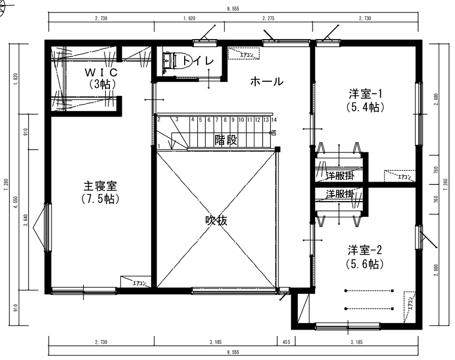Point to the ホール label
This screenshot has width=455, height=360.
pos(266,82)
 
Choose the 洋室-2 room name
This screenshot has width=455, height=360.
pos(365,250)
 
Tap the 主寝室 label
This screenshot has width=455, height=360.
pos(100,185)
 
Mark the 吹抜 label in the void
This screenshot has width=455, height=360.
pos(216,221)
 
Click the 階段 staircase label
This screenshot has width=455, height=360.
pos(225,139)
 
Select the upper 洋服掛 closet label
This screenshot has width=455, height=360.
pos(340,176)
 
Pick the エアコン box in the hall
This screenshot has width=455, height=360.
pos(243,54)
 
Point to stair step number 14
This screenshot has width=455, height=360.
pos(274,119)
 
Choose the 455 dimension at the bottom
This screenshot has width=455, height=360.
pos(285,342)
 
